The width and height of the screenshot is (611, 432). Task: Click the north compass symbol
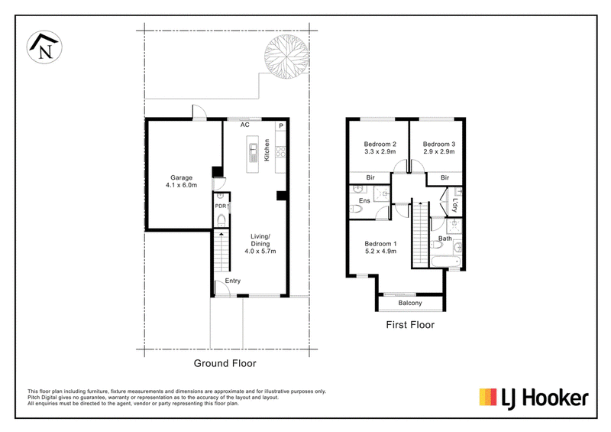click(44, 47)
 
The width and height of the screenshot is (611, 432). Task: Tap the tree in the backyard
click(286, 57)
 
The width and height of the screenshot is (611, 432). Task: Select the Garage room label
click(181, 177)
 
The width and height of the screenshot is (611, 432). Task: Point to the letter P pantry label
click(280, 126)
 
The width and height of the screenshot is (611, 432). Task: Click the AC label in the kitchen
click(244, 125)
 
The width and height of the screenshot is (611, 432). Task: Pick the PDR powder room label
click(221, 206)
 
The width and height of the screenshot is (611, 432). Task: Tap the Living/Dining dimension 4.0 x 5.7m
click(260, 252)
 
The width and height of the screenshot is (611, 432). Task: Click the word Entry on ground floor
click(233, 281)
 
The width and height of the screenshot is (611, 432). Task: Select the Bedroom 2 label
click(380, 144)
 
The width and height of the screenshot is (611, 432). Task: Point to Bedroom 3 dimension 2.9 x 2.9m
click(438, 151)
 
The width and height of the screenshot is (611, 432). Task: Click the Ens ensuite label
click(364, 200)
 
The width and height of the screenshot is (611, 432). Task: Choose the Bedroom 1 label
click(380, 244)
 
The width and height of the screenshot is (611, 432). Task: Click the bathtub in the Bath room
click(446, 261)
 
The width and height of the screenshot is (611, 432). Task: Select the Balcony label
click(410, 303)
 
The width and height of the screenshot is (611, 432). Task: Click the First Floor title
click(410, 325)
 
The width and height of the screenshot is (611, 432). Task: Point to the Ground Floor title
click(225, 363)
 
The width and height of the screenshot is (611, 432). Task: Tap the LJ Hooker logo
click(534, 398)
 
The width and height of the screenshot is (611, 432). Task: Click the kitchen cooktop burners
click(280, 152)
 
